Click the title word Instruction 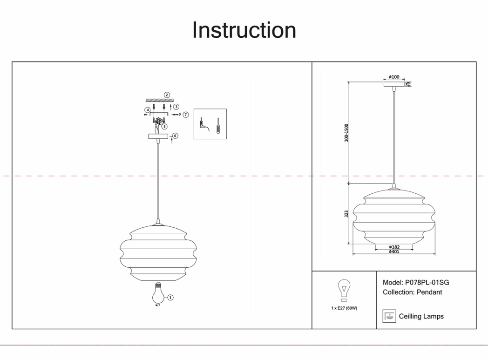point(244,30)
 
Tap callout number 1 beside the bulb point(170,297)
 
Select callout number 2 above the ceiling point(167,95)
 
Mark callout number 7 point(185,115)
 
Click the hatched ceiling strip point(159,100)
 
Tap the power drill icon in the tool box point(203,124)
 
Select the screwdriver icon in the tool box point(218,128)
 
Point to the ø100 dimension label point(394,77)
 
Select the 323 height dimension point(346,214)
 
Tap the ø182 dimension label point(394,247)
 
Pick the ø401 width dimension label point(394,252)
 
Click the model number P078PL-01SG point(427,282)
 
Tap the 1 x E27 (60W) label point(344,308)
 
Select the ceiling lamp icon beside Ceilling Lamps point(389,316)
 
